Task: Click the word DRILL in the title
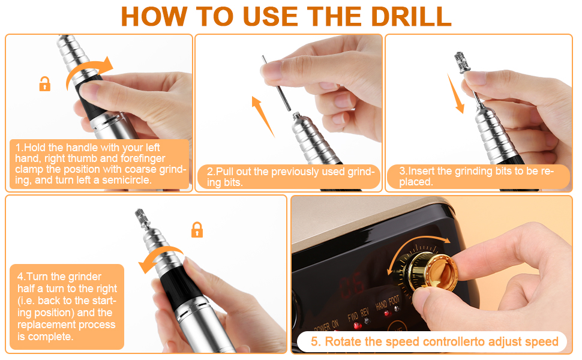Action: point(411,17)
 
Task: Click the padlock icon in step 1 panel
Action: point(45,84)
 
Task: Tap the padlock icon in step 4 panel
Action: point(197,230)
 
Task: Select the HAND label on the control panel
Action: point(381,305)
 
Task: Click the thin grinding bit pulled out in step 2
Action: point(276,83)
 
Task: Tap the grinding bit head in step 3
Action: point(462,62)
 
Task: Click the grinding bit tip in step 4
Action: point(142,216)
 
